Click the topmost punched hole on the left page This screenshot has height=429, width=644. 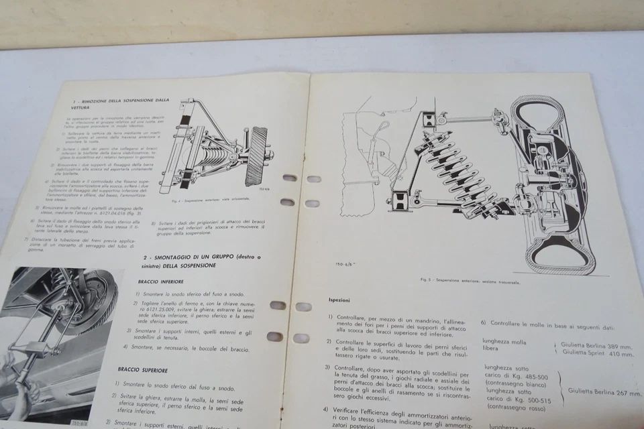click(289, 178)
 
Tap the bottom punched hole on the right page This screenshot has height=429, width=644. click(301, 338)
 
